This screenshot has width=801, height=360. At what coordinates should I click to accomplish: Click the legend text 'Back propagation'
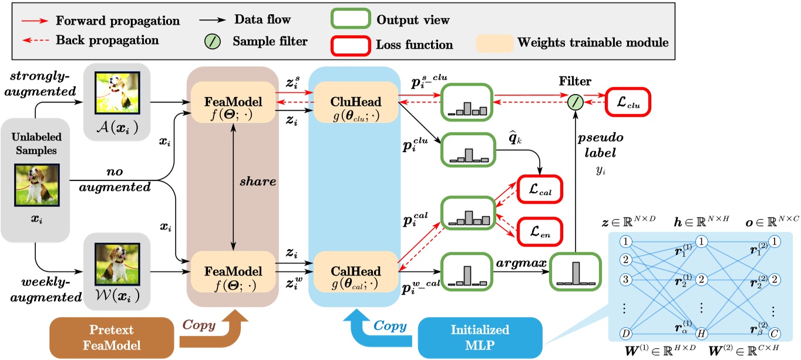(x=107, y=41)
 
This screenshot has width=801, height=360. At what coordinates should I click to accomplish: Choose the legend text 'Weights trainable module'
(x=593, y=43)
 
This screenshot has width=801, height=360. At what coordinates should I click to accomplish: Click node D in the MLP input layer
(x=627, y=332)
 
